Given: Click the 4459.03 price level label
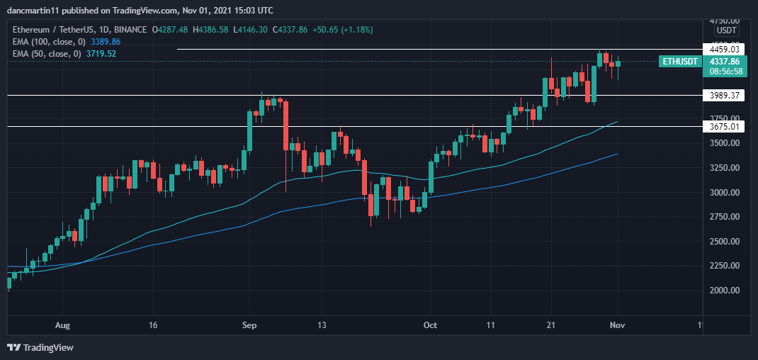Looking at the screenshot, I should click(722, 49).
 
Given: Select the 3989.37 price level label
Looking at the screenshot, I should click(722, 95).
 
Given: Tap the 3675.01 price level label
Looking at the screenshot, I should click(722, 127).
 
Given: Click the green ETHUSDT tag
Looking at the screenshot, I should click(678, 62).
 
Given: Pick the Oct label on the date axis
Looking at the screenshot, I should click(430, 325).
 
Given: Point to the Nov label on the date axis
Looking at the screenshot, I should click(618, 325).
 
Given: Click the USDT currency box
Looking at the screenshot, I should click(727, 30).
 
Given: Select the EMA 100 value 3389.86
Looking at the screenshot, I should click(102, 42).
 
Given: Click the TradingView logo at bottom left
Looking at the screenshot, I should click(41, 347).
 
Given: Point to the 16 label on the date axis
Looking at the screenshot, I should click(153, 325).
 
